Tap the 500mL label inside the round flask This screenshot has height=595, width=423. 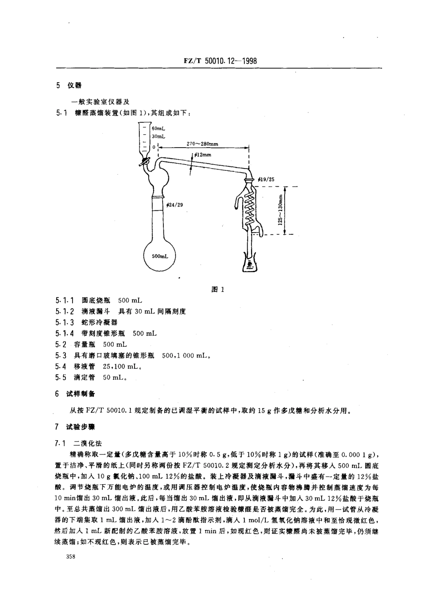pos(160,257)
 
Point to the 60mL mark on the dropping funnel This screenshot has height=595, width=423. pos(159,129)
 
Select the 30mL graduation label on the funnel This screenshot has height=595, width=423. pos(159,137)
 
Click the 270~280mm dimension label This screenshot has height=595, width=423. pos(203,144)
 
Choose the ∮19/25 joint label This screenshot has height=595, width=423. pos(266,179)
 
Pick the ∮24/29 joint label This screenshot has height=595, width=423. pos(175,205)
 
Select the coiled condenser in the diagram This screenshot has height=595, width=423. pos(250,207)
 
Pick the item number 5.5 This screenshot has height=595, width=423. pos(61,378)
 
